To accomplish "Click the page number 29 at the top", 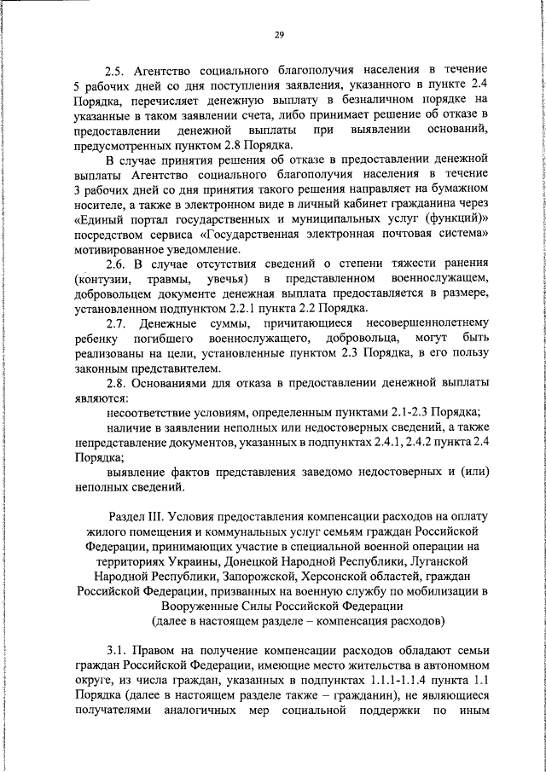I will click(278, 35).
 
